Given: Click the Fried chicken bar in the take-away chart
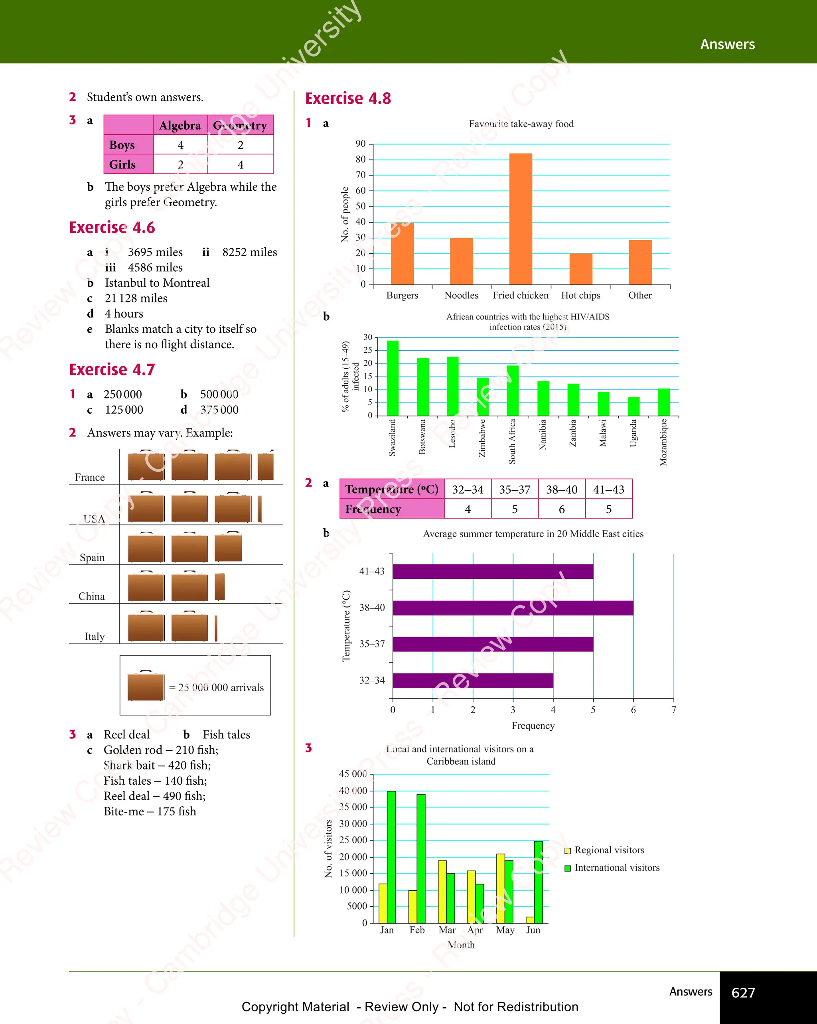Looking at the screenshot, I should click(x=521, y=219).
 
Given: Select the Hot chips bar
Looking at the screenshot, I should click(x=580, y=269).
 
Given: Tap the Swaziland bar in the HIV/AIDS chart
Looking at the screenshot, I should click(x=393, y=378).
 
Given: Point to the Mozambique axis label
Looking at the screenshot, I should click(x=663, y=442).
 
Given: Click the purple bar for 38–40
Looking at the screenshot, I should click(x=513, y=608).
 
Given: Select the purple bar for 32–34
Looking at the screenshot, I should click(x=473, y=681).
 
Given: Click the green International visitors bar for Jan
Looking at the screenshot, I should click(x=391, y=857).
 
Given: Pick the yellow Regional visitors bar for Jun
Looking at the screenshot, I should click(x=530, y=920).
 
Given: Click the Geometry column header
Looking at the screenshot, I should click(x=240, y=125).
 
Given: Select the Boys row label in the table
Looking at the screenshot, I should click(x=122, y=145).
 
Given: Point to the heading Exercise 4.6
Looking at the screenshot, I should click(x=112, y=227).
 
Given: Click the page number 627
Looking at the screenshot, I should click(x=743, y=992).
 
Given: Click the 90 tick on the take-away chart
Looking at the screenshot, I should click(x=361, y=144).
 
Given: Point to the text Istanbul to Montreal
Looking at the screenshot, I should click(x=157, y=283).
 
